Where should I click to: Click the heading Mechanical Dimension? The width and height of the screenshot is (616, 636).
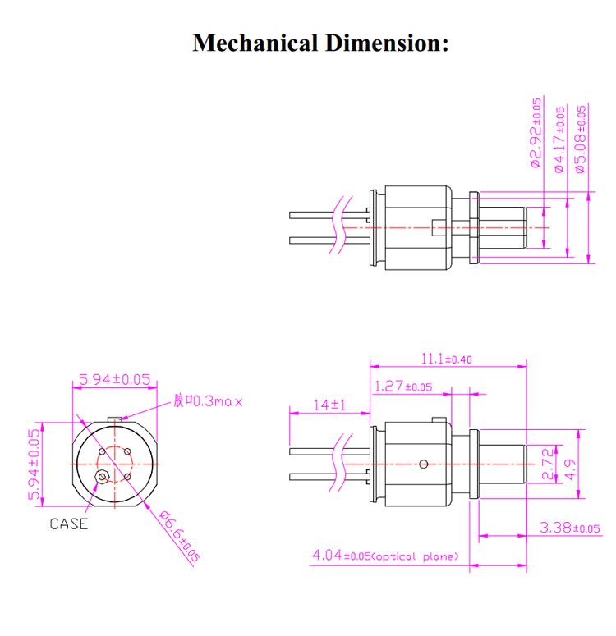pyautogui.click(x=321, y=43)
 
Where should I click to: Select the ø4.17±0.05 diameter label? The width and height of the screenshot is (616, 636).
pyautogui.click(x=560, y=140)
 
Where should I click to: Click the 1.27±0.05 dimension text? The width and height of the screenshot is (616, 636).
pyautogui.click(x=402, y=387)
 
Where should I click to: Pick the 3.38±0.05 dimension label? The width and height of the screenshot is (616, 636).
pyautogui.click(x=570, y=527)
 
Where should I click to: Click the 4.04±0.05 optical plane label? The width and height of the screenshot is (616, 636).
pyautogui.click(x=384, y=557)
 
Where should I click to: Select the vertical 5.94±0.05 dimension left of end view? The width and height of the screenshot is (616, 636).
pyautogui.click(x=34, y=464)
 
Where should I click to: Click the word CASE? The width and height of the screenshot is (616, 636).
pyautogui.click(x=69, y=524)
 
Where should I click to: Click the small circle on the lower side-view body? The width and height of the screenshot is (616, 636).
pyautogui.click(x=422, y=464)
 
